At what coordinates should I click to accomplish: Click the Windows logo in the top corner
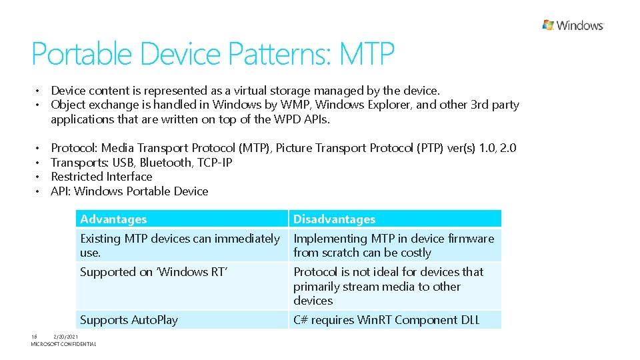click(x=573, y=25)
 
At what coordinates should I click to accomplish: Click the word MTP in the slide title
click(x=367, y=54)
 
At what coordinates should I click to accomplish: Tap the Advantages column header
click(x=113, y=219)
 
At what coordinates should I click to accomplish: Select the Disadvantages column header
click(x=334, y=219)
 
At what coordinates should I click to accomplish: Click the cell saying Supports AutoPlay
click(x=129, y=320)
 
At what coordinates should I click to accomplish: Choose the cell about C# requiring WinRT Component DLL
click(x=386, y=320)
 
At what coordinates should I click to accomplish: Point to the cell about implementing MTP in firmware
click(x=393, y=245)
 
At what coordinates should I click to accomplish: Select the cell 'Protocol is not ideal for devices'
click(x=388, y=286)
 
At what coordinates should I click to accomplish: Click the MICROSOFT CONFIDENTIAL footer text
click(x=63, y=344)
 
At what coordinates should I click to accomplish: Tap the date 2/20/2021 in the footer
click(x=66, y=337)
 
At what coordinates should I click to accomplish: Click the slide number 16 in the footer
click(x=34, y=337)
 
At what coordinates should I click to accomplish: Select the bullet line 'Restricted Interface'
click(x=101, y=177)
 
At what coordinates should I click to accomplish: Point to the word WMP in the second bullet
click(x=295, y=105)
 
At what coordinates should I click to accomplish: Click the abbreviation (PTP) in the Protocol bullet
click(x=433, y=148)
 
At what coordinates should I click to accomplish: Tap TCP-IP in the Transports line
click(x=215, y=163)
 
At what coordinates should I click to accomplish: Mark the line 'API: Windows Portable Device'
click(x=129, y=191)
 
